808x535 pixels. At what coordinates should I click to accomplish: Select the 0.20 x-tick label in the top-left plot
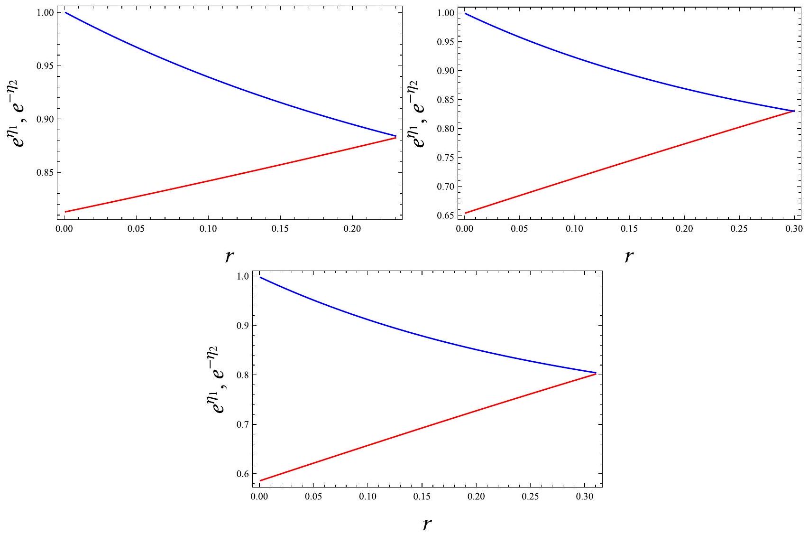click(x=352, y=229)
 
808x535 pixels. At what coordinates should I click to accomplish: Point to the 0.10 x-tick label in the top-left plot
click(x=208, y=229)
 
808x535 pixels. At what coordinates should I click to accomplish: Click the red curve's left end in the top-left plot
click(x=65, y=212)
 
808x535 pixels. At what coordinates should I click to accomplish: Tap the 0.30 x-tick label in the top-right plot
click(x=794, y=229)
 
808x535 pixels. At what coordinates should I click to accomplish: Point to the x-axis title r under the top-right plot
click(x=629, y=256)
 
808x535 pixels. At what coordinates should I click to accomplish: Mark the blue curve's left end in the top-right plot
click(x=465, y=13)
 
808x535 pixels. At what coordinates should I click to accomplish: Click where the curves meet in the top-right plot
click(x=794, y=111)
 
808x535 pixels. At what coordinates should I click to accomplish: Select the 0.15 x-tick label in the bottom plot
click(x=422, y=497)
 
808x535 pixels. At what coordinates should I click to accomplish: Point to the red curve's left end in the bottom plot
click(x=260, y=480)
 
